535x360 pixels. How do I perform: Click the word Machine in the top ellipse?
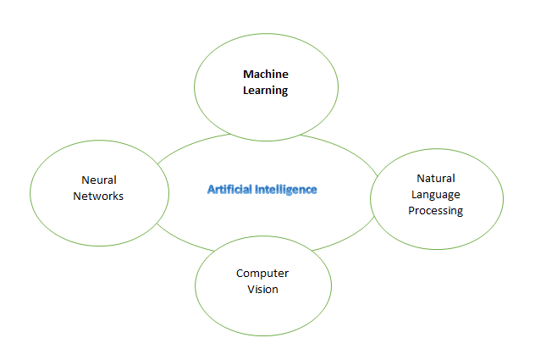[x=266, y=75]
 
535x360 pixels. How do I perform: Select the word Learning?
[x=266, y=91]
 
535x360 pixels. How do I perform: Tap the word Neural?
[x=99, y=180]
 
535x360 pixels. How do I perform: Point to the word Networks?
[x=98, y=196]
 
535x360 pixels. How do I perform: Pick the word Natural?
[x=436, y=178]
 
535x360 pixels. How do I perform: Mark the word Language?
[x=436, y=195]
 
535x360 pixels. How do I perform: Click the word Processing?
[x=436, y=211]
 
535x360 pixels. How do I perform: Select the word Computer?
[x=262, y=274]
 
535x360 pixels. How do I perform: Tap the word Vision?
[x=262, y=290]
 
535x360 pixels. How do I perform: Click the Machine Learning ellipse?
[x=266, y=34]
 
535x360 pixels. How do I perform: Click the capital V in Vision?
[x=251, y=290]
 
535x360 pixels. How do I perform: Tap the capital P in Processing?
[x=411, y=210]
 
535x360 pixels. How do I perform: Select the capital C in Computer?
[x=240, y=274]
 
